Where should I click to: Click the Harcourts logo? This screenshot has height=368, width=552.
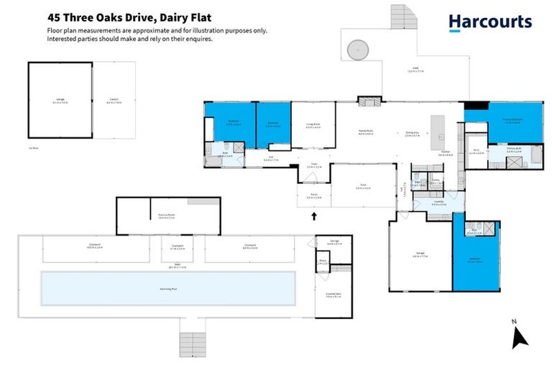(x=490, y=22)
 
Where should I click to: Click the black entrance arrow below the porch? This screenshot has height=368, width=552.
(x=313, y=213)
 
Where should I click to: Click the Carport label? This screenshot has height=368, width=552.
(x=114, y=101)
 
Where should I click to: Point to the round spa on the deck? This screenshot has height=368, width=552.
(x=357, y=50)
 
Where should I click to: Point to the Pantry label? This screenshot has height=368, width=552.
(x=436, y=183)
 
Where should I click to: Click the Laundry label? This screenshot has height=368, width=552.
(x=438, y=202)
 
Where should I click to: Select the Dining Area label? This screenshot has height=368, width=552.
(x=413, y=133)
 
